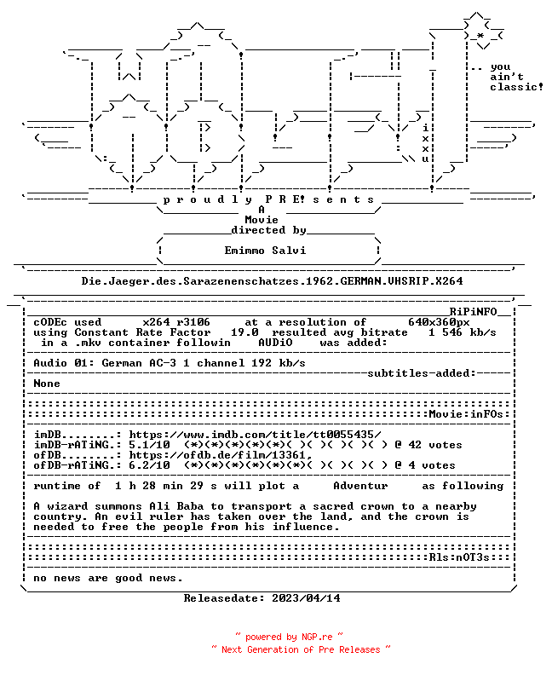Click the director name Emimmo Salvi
pyautogui.click(x=266, y=251)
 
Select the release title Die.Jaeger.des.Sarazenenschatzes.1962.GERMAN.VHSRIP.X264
pyautogui.click(x=273, y=281)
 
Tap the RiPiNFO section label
pyautogui.click(x=474, y=312)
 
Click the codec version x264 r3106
pyautogui.click(x=176, y=322)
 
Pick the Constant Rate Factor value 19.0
pyautogui.click(x=244, y=332)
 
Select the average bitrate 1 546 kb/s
pyautogui.click(x=463, y=332)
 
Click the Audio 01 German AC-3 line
pyautogui.click(x=170, y=363)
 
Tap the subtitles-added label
pyautogui.click(x=422, y=373)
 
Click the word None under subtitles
pyautogui.click(x=47, y=384)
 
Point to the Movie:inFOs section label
pyautogui.click(x=466, y=414)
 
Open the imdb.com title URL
pyautogui.click(x=256, y=435)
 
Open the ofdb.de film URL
pyautogui.click(x=221, y=455)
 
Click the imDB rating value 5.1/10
pyautogui.click(x=149, y=445)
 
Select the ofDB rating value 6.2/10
pyautogui.click(x=149, y=465)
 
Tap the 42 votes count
pyautogui.click(x=435, y=445)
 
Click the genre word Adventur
pyautogui.click(x=360, y=486)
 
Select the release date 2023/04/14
pyautogui.click(x=306, y=598)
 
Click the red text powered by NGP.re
pyautogui.click(x=289, y=637)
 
